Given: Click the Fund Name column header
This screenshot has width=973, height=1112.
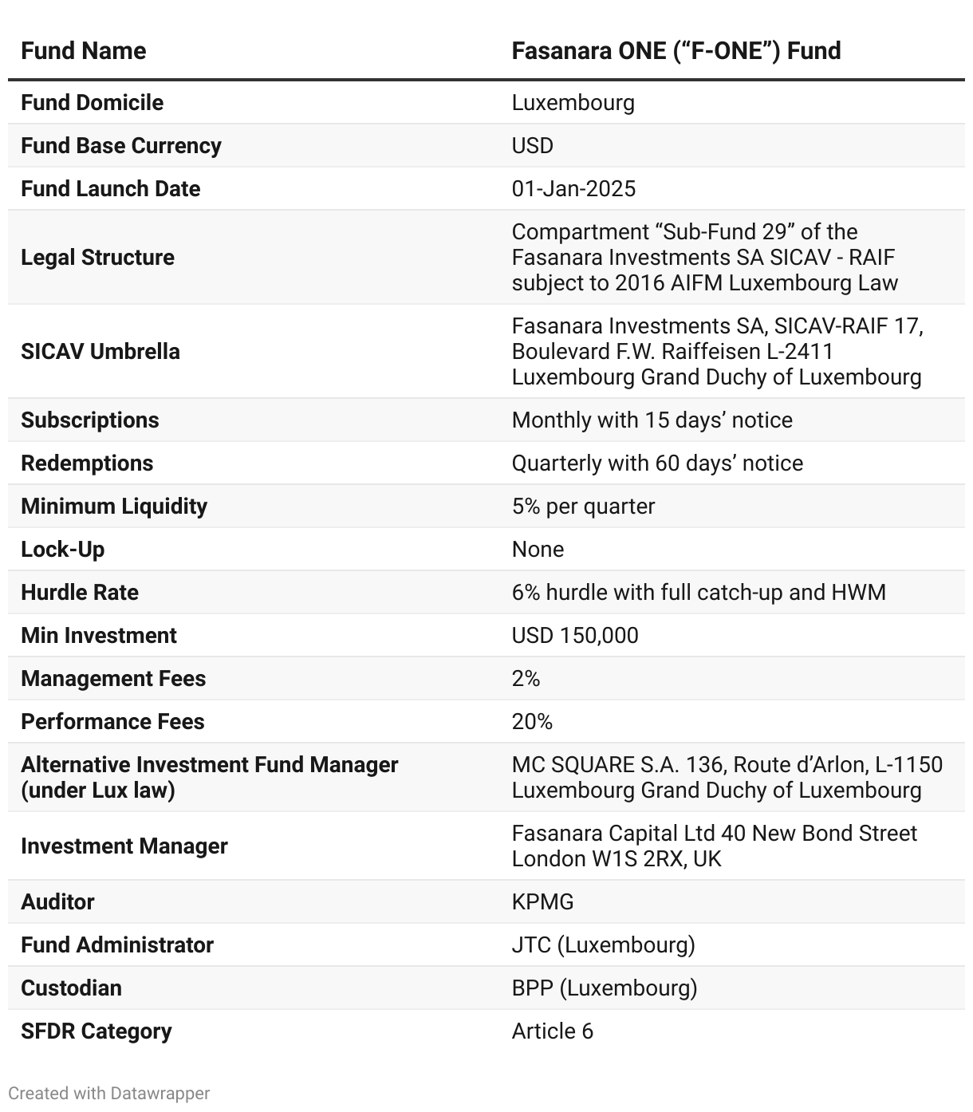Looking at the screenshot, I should click(x=84, y=51).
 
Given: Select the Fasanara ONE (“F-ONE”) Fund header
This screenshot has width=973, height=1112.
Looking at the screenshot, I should click(x=676, y=51).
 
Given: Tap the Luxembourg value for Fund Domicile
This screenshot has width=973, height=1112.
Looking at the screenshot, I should click(x=573, y=103).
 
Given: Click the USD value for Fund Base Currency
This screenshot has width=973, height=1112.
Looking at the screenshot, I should click(x=532, y=146).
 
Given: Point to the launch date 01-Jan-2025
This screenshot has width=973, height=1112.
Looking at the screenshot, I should click(x=573, y=189).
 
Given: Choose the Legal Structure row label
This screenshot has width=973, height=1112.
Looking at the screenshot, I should click(x=97, y=258).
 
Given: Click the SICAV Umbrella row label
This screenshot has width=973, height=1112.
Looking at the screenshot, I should click(x=100, y=352).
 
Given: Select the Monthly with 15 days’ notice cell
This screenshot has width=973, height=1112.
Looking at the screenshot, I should click(x=652, y=420).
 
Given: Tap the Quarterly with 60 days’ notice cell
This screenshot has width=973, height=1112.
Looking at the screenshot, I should click(x=657, y=463).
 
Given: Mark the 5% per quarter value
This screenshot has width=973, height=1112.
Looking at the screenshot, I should click(x=583, y=507).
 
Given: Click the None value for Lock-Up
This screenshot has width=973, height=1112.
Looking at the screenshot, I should click(x=538, y=550).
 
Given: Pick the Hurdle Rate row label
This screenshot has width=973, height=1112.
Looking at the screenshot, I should click(x=80, y=593).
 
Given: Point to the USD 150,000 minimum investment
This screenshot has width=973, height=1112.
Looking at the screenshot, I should click(x=575, y=636).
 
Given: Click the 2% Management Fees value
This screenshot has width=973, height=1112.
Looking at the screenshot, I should click(x=526, y=679).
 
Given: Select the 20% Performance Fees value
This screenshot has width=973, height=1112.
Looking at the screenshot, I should click(x=532, y=722).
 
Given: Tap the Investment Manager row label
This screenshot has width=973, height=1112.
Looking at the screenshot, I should click(x=124, y=846).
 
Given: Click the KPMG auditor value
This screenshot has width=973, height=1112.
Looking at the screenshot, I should click(x=542, y=902).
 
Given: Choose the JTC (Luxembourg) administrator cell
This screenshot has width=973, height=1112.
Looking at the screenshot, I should click(x=603, y=945).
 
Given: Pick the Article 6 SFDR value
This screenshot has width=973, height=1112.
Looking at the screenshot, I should click(x=552, y=1031).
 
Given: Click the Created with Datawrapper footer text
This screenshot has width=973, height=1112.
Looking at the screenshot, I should click(x=109, y=1093).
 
